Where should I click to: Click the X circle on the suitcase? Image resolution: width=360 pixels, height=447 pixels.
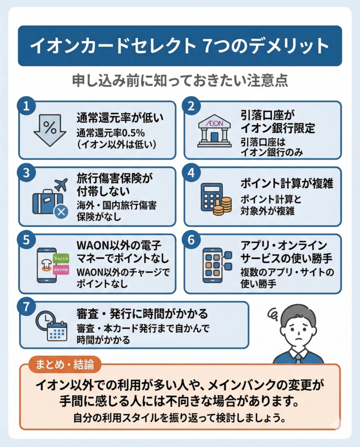[60, 212]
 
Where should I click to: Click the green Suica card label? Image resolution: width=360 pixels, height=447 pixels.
[62, 258]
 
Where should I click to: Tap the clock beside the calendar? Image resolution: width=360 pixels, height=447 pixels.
[45, 320]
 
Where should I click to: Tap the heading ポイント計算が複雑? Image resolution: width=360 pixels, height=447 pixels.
[287, 184]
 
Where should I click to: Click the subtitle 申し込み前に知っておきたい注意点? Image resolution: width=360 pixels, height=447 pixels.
[179, 82]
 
